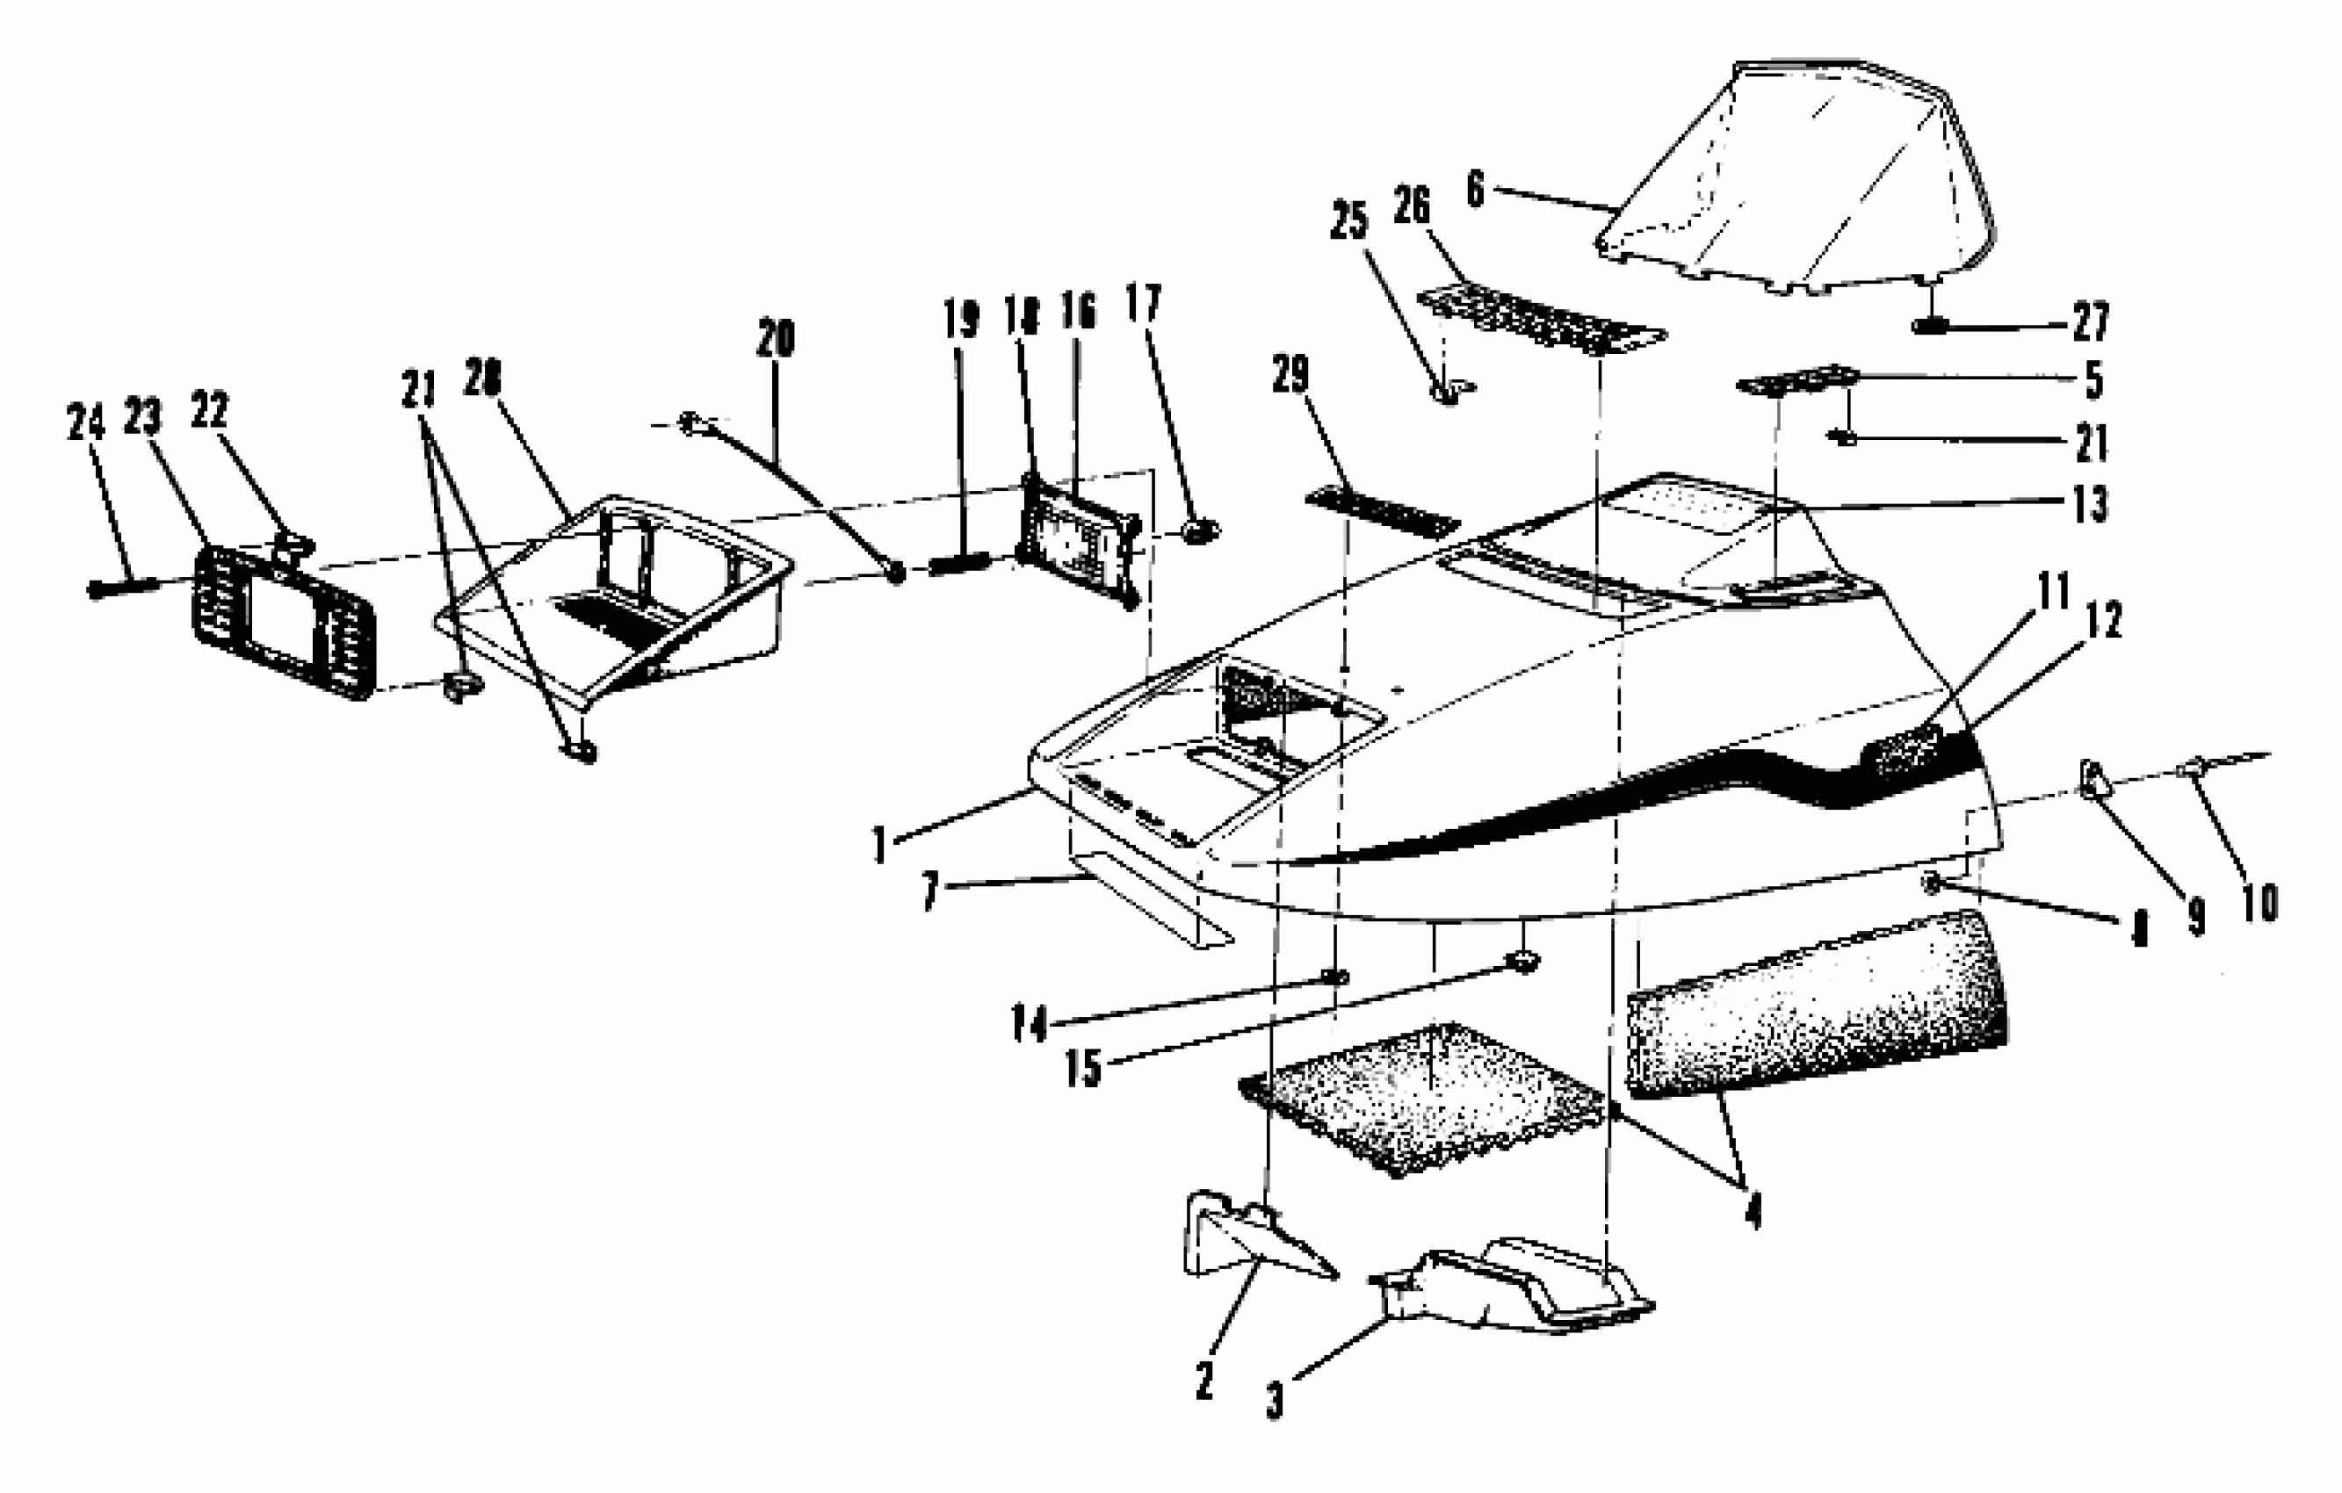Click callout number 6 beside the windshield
click(x=1474, y=189)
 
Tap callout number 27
click(x=2090, y=322)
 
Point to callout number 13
click(x=2090, y=504)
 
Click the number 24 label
click(x=84, y=423)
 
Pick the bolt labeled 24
click(x=121, y=587)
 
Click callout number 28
click(x=481, y=379)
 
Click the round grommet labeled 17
click(x=1200, y=531)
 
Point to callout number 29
click(x=1290, y=374)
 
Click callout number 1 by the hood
click(x=880, y=843)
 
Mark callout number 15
click(x=1082, y=1067)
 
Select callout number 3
click(x=1274, y=1401)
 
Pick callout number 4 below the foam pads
click(x=1753, y=1211)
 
